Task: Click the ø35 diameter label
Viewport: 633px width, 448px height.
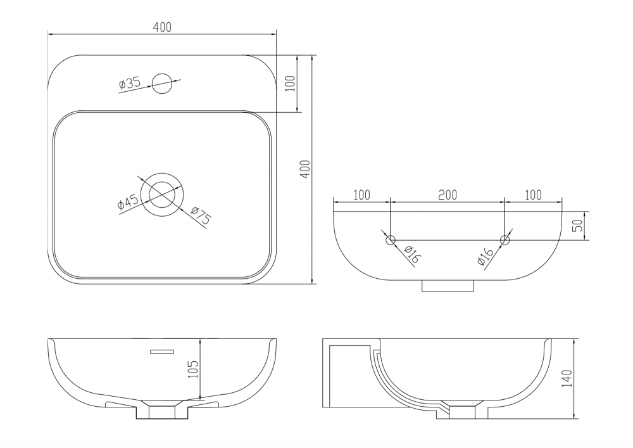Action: [x=130, y=83]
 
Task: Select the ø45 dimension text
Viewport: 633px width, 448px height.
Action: [x=128, y=202]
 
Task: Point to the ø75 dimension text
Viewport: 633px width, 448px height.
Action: [x=201, y=216]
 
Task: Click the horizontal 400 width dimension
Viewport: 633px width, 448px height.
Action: [x=162, y=27]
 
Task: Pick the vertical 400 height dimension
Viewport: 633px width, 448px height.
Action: [x=306, y=169]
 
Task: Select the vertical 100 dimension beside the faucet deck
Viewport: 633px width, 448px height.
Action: [x=291, y=83]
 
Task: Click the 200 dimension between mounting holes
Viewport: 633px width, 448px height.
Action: [x=448, y=195]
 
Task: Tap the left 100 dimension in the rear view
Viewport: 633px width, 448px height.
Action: [x=361, y=195]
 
